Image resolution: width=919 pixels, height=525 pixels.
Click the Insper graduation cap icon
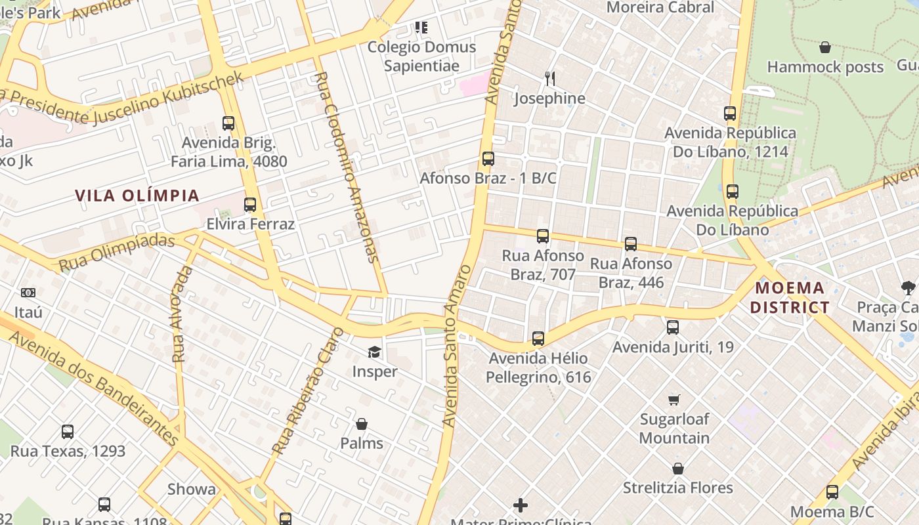coord(374,352)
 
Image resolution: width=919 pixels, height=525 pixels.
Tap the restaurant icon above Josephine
coord(550,79)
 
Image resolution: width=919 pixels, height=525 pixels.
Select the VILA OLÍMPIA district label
coord(137,196)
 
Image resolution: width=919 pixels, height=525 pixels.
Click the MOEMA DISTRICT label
coord(790,297)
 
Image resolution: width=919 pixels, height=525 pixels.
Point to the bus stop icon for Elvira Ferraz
coord(250,205)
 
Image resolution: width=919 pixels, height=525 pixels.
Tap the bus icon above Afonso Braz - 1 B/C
coord(488,159)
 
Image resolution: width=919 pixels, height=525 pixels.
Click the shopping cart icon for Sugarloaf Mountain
coord(674,400)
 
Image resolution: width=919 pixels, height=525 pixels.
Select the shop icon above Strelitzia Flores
coord(678,469)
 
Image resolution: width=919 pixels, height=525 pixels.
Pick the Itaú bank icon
coord(28,293)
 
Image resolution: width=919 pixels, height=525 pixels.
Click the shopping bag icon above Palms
coord(361,425)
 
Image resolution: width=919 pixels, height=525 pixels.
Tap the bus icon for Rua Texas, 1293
coord(68,432)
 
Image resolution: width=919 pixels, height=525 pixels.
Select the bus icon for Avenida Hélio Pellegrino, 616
coord(538,339)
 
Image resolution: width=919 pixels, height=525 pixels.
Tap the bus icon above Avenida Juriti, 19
coord(673,327)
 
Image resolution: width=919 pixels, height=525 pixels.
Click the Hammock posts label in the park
coord(825,67)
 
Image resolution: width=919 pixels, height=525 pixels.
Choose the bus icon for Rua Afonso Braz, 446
coord(631,244)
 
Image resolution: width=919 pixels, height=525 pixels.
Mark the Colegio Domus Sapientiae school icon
coord(421,28)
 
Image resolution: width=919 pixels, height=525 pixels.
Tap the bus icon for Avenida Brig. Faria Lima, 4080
coord(228,123)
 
